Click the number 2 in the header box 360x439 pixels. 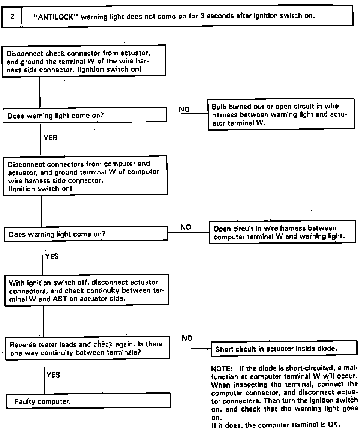[x=12, y=17]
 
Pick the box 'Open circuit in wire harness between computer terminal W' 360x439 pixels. [x=282, y=232]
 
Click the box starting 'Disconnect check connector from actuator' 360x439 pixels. [x=84, y=61]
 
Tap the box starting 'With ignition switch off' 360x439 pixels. [x=87, y=291]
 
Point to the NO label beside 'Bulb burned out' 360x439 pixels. [x=184, y=110]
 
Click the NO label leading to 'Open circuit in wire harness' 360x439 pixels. [x=186, y=227]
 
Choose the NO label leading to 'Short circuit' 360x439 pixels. [x=187, y=338]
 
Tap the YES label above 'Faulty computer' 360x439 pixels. [x=53, y=375]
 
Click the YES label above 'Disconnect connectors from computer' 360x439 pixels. [x=51, y=138]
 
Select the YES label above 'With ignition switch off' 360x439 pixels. [x=52, y=256]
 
